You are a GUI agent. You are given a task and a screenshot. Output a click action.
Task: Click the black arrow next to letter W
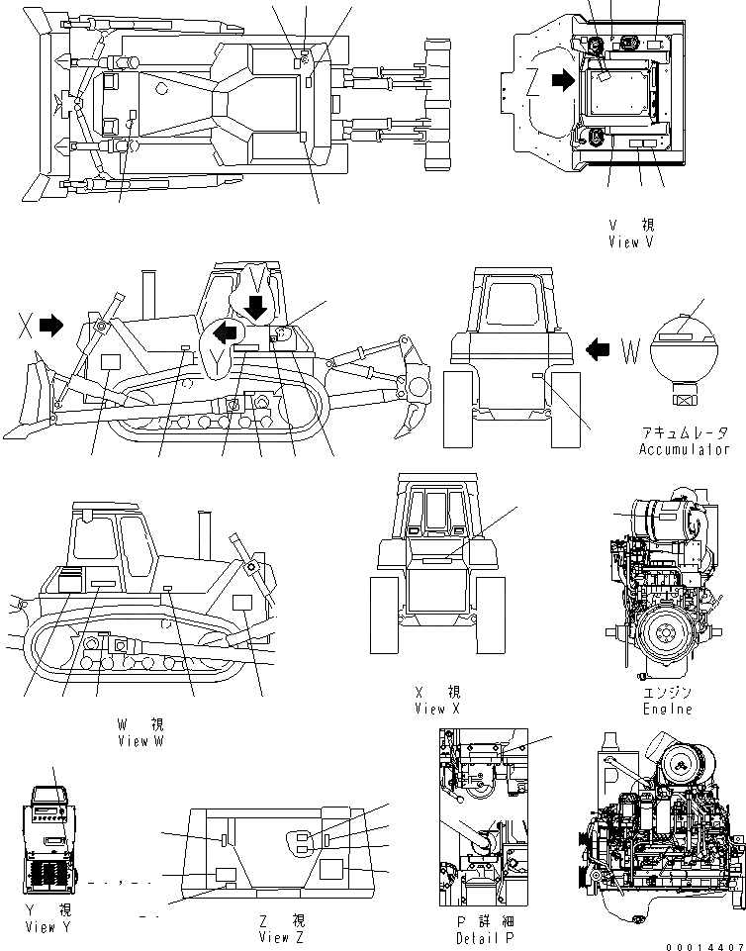(x=600, y=347)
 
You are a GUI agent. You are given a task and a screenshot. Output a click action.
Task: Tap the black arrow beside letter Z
(x=562, y=81)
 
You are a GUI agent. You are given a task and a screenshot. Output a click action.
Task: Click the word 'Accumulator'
(x=683, y=449)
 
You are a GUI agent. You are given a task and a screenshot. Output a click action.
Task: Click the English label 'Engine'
(x=668, y=709)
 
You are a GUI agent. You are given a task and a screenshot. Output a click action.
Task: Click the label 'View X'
(x=437, y=709)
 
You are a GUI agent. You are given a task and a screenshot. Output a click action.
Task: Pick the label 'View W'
(x=140, y=740)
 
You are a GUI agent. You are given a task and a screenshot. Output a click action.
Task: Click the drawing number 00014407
(x=704, y=946)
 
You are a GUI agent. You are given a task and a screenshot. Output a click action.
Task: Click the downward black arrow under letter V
(x=257, y=307)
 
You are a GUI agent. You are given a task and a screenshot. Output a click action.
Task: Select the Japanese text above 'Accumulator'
(x=683, y=433)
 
